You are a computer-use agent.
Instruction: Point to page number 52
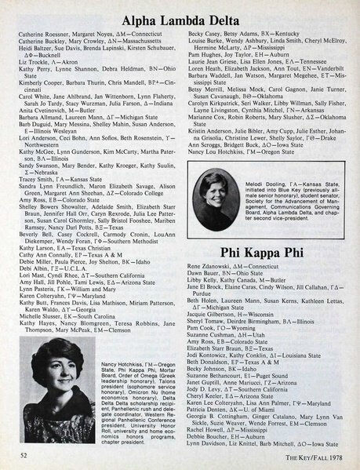pos(25,456)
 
